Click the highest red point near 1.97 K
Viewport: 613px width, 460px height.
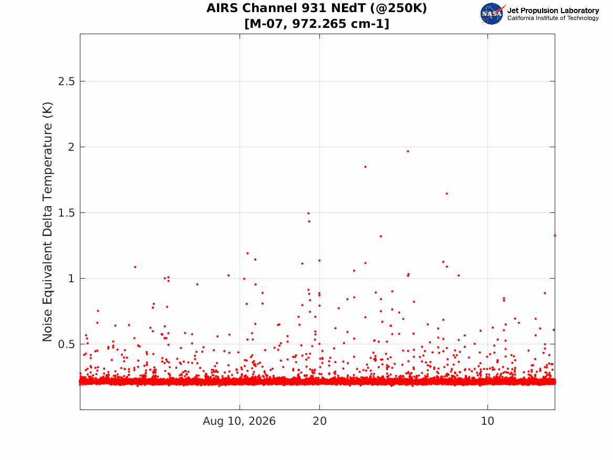click(408, 151)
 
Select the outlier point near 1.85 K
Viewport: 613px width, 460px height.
click(365, 167)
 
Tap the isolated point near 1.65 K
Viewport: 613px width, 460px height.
click(447, 193)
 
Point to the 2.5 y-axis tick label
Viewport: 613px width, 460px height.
click(67, 81)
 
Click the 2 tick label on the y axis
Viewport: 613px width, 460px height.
click(71, 147)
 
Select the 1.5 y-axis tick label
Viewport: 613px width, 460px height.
click(67, 213)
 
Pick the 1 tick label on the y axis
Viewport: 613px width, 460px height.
click(71, 279)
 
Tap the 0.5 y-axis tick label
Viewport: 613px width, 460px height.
click(67, 344)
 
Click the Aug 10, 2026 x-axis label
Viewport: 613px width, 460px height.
click(239, 421)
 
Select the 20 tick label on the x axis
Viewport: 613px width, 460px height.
click(319, 421)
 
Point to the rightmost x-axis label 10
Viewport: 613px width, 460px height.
click(487, 421)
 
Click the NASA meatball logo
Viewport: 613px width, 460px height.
click(492, 14)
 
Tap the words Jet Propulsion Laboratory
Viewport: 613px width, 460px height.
click(553, 11)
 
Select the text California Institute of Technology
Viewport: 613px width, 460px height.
click(553, 18)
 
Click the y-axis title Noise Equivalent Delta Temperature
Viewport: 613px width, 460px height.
click(47, 222)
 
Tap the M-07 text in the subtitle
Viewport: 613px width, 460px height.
click(267, 24)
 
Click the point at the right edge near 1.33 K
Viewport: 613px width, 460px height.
click(555, 236)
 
